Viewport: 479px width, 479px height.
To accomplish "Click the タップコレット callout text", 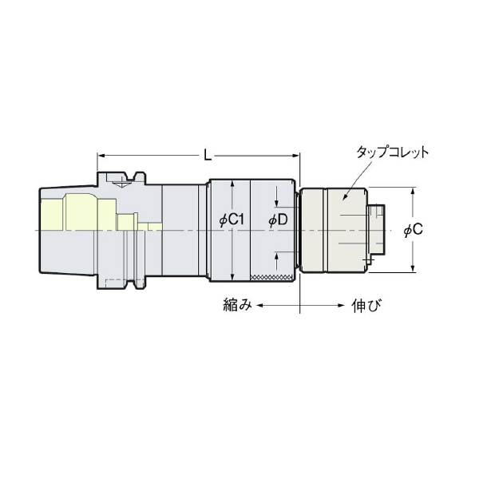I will tap(393, 152).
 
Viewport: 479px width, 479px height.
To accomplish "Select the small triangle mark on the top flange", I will tap(121, 183).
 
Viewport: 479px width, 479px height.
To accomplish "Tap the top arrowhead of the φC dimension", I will tap(413, 192).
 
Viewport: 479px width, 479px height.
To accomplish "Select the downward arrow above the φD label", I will tap(275, 203).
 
